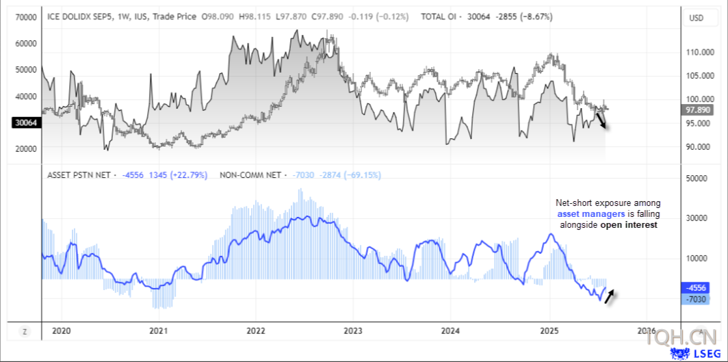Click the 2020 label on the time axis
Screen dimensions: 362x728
pos(62,331)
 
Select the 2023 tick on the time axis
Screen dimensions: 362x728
pos(352,331)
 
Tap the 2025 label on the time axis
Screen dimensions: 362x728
pos(549,331)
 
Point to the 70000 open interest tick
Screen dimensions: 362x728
pos(25,16)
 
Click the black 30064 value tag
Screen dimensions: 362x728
pos(25,122)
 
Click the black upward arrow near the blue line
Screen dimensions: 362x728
pos(609,296)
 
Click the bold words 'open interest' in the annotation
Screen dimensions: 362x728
pos(629,224)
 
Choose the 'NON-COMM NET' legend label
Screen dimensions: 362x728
pos(250,175)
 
